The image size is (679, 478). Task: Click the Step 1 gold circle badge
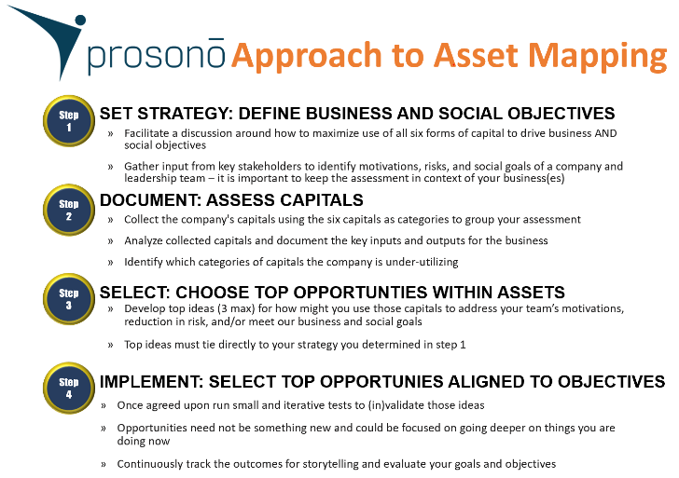click(69, 121)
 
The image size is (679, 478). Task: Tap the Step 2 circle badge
click(69, 210)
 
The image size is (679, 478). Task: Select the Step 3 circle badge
click(69, 299)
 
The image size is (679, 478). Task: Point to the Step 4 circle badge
click(69, 388)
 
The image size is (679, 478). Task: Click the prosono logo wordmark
click(157, 57)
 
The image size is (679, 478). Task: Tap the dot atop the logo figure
click(80, 20)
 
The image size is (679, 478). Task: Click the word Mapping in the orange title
click(598, 56)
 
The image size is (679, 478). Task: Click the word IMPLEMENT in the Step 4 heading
click(151, 381)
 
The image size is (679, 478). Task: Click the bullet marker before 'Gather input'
click(110, 167)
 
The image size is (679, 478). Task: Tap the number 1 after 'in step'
click(463, 345)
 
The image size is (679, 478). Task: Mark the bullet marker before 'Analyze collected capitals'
click(110, 241)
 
